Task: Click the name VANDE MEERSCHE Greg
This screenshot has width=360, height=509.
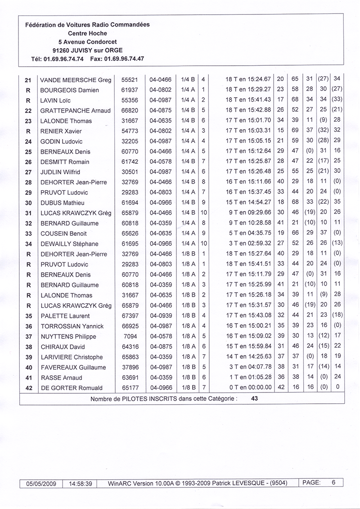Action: (x=76, y=80)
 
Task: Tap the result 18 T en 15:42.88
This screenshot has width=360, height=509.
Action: (x=248, y=111)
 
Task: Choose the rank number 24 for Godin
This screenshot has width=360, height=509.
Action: (x=28, y=142)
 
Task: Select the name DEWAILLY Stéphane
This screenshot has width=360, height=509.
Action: (x=69, y=244)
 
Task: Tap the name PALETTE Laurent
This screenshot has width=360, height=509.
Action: (x=65, y=316)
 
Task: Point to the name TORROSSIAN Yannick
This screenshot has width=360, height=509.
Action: (x=72, y=326)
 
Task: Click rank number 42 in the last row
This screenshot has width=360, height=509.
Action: (x=28, y=388)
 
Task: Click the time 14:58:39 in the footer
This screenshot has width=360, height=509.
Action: (x=81, y=484)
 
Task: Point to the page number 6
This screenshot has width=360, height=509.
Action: (x=333, y=482)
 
